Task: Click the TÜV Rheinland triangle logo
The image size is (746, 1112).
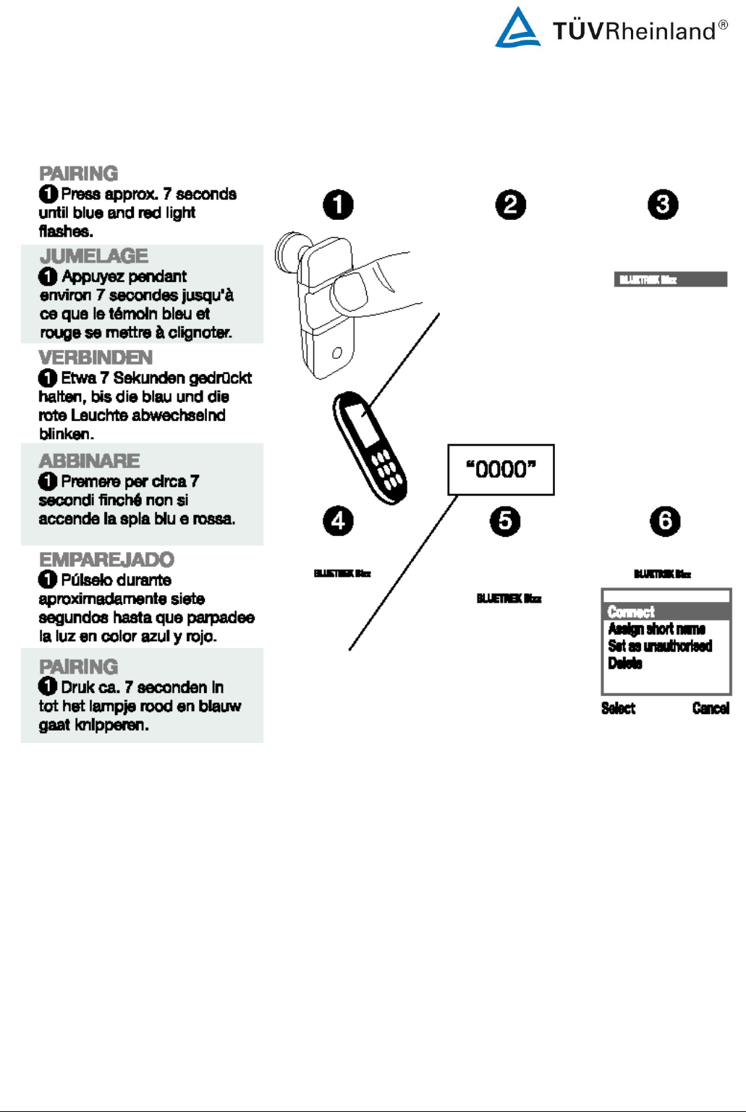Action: [517, 29]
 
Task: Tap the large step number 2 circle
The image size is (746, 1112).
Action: [511, 205]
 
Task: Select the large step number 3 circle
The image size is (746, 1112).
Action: [663, 205]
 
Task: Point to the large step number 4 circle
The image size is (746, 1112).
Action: [338, 521]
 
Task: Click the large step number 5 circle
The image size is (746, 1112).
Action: [505, 521]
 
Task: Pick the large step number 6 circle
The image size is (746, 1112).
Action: [665, 521]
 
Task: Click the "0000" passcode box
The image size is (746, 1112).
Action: [501, 470]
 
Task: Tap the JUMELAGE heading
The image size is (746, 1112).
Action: [94, 256]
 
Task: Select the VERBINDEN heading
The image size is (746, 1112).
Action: [96, 357]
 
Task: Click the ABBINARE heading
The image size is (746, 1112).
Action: [90, 461]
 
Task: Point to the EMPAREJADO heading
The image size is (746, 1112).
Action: [106, 559]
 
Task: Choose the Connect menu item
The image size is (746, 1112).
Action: [631, 612]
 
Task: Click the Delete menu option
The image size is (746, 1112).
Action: [625, 663]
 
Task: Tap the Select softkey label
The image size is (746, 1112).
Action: [618, 708]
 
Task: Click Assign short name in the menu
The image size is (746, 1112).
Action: [656, 629]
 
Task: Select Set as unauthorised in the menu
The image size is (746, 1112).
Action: [660, 646]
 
